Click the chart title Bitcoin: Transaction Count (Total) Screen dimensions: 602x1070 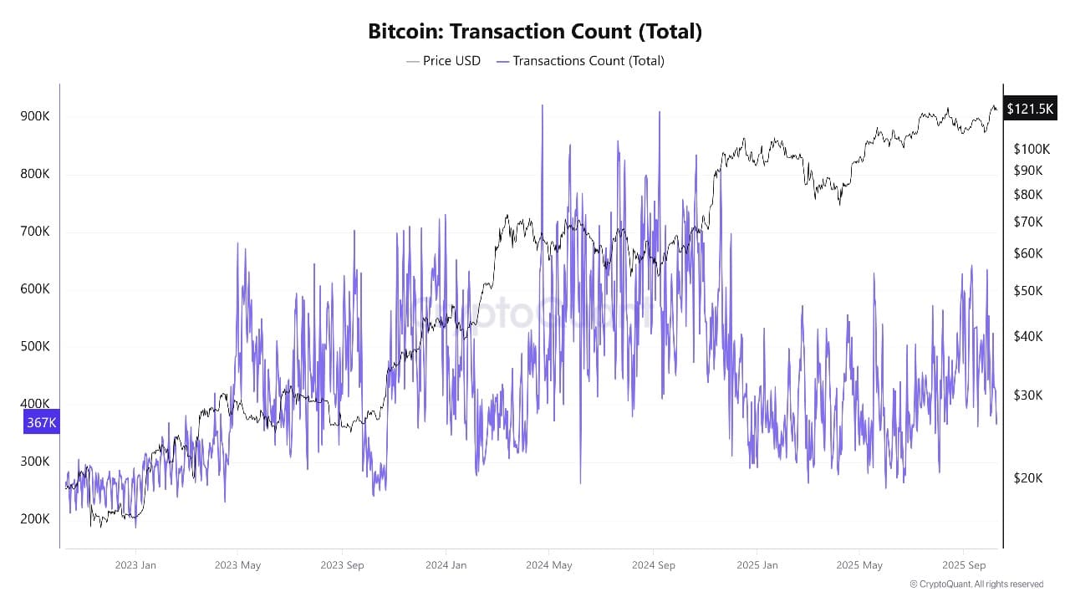tap(535, 32)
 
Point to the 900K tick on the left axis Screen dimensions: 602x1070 tap(35, 116)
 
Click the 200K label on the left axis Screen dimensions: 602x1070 tap(35, 518)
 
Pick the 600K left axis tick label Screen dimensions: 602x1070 tap(35, 288)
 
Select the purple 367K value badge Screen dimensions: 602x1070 tap(41, 422)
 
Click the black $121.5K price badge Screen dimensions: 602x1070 tap(1030, 109)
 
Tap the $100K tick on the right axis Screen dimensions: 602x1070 tap(1031, 149)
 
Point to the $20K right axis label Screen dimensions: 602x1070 tap(1028, 477)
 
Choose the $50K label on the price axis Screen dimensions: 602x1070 tap(1028, 290)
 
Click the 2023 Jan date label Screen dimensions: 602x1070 tap(135, 565)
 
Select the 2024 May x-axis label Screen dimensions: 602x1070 tap(549, 565)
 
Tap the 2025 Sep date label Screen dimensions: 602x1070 tap(963, 565)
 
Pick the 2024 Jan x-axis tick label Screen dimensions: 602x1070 tap(446, 565)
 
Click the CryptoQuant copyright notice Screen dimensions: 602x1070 tap(976, 584)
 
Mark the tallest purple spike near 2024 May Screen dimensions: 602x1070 tap(543, 106)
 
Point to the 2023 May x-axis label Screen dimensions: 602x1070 tap(237, 565)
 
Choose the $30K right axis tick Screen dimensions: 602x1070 tap(1028, 395)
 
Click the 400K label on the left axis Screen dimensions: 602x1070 tap(35, 403)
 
